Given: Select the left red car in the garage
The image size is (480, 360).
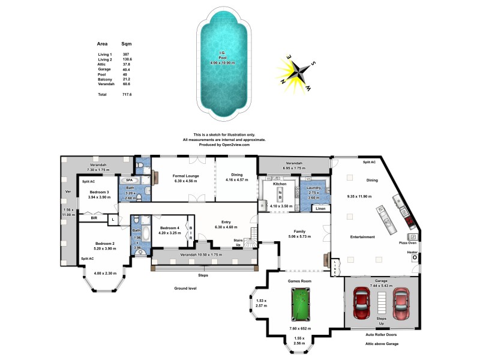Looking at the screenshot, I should (361, 304).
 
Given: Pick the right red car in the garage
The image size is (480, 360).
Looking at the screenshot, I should (400, 304).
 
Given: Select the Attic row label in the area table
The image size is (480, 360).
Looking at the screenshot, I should (102, 65).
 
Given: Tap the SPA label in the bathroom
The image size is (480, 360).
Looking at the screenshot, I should (129, 180).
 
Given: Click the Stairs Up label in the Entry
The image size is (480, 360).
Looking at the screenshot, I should (238, 242).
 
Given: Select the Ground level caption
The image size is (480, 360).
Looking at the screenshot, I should (186, 289).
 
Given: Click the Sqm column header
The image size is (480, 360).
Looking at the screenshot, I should (127, 44).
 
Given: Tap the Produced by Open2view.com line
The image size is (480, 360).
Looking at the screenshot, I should (224, 145).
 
